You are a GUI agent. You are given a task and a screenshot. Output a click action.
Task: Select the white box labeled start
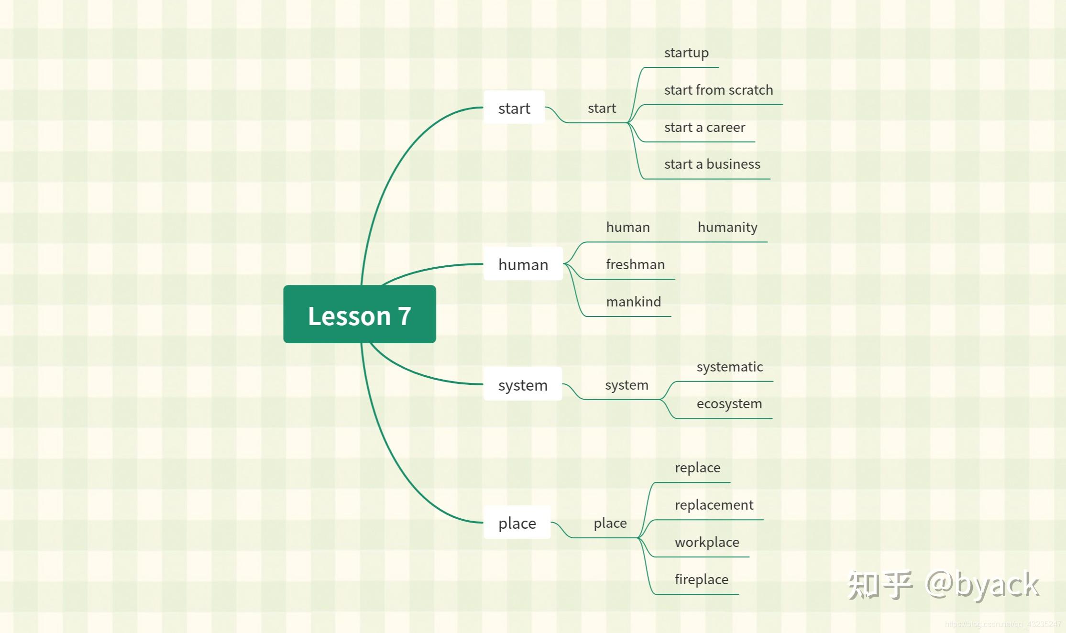coord(514,108)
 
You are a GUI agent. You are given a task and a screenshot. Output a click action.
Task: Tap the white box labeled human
coord(523,264)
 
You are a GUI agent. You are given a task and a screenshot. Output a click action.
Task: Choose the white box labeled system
coord(522,384)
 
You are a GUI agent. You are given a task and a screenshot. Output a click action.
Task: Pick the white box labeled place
coord(517,523)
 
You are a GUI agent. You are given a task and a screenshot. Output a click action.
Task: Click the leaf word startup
coord(686,53)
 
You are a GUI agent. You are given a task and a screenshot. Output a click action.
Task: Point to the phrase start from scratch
coord(718,90)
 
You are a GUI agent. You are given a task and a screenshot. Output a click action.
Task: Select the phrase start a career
coord(704,127)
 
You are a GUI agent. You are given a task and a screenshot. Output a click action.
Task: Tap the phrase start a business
coord(712,164)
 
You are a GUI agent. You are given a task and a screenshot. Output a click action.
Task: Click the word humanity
coord(727,227)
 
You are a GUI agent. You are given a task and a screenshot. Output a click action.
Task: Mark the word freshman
coord(635,264)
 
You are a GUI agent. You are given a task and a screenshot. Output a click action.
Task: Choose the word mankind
coord(633,302)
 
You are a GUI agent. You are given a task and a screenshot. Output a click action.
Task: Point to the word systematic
coord(729,367)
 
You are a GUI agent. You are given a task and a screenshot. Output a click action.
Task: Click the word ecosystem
coord(729,404)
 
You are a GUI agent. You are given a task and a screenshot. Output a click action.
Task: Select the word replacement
coord(714,505)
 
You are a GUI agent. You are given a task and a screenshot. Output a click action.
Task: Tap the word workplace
coord(707,542)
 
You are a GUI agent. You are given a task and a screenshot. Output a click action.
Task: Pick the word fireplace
coord(701,579)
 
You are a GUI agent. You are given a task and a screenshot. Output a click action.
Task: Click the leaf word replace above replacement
coord(697,468)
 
